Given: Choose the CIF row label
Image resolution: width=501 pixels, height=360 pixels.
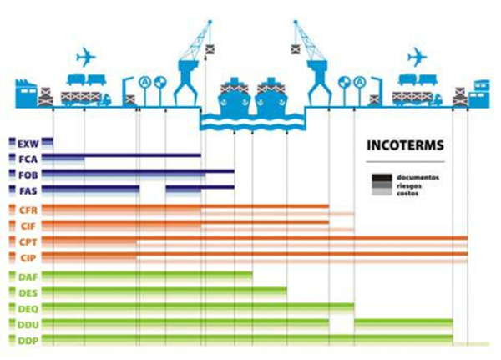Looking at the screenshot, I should click(28, 226).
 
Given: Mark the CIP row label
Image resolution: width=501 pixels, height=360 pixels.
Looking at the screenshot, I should click(28, 257).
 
